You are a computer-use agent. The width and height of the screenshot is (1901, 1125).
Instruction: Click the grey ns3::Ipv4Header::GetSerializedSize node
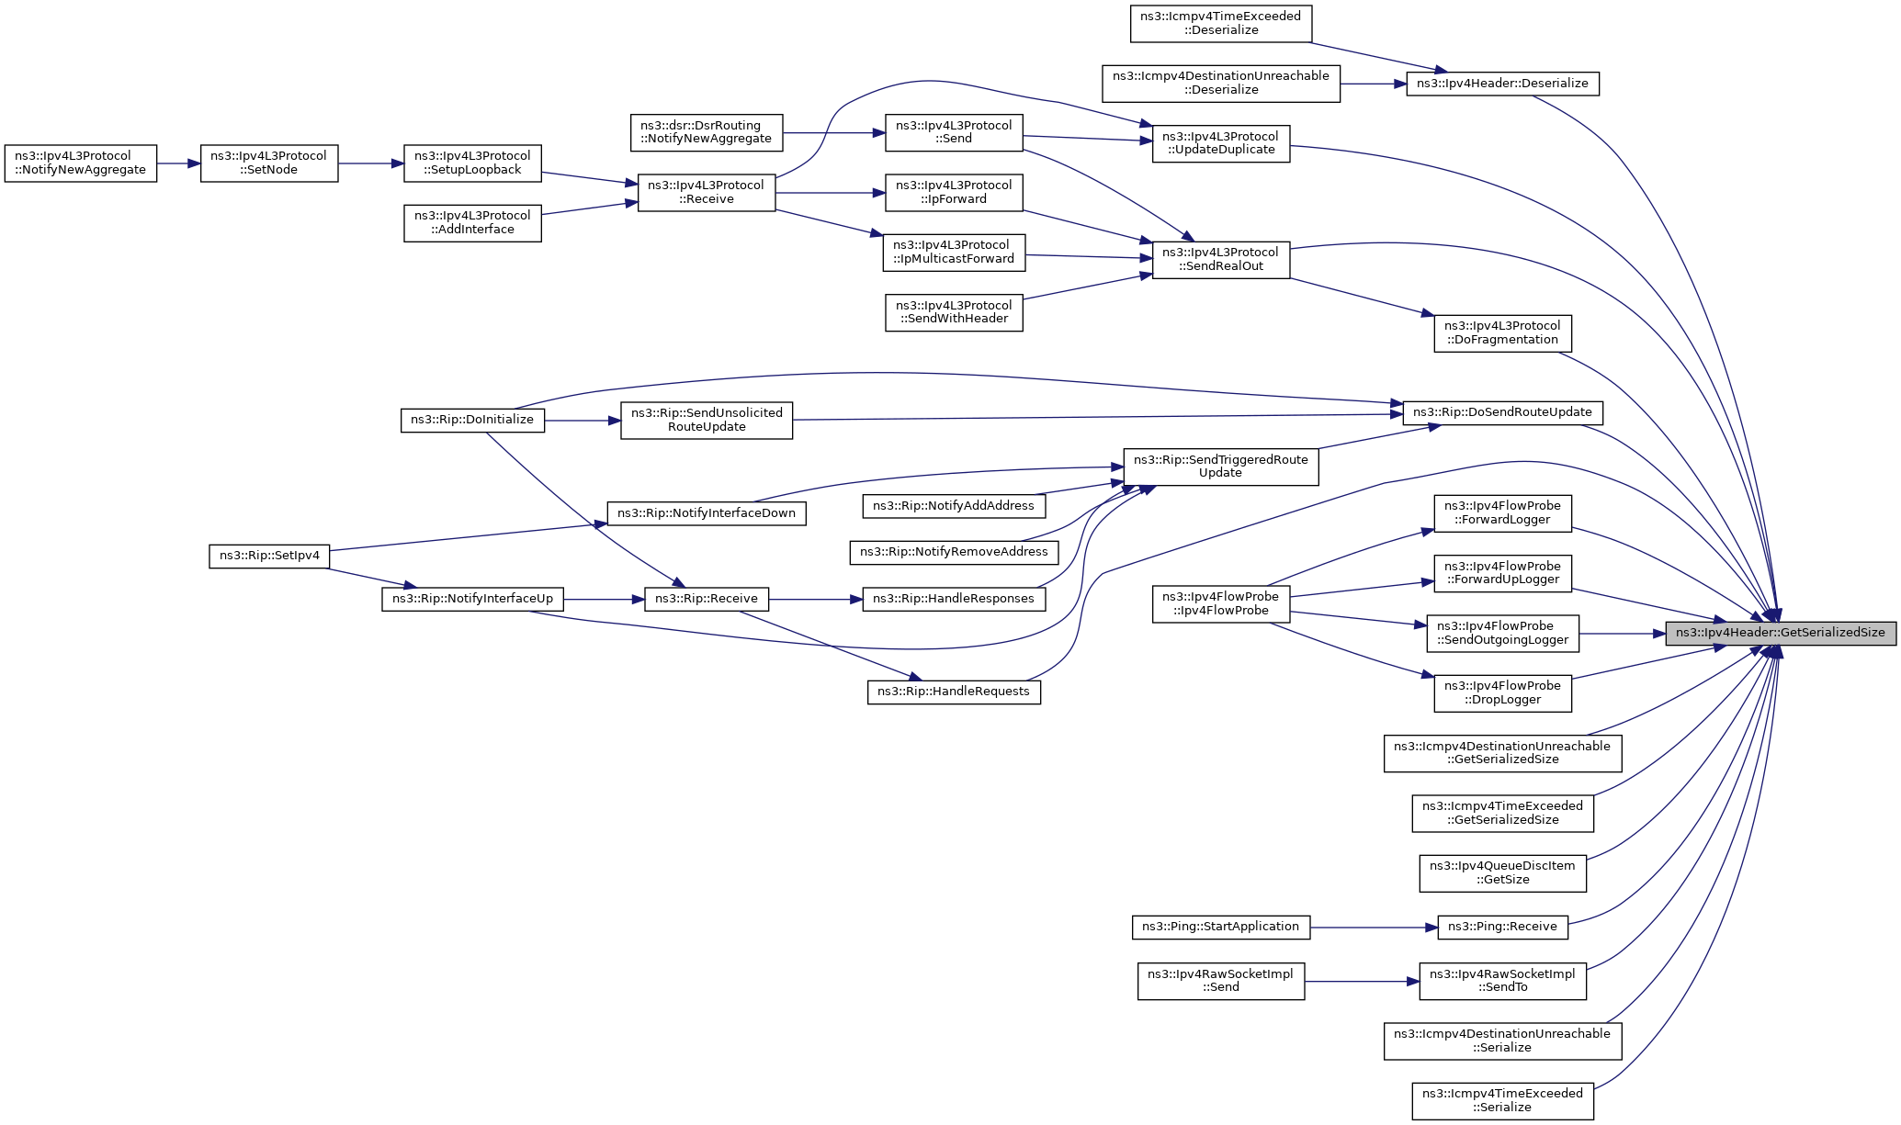tap(1781, 633)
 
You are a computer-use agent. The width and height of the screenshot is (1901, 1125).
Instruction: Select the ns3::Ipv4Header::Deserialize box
tap(1502, 84)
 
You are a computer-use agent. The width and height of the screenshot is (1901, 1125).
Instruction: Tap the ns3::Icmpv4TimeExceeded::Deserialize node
tap(1220, 23)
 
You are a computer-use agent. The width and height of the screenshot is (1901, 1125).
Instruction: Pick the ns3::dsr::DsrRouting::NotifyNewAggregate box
tap(706, 132)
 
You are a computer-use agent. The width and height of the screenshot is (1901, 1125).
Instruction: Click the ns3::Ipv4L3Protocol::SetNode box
tap(269, 163)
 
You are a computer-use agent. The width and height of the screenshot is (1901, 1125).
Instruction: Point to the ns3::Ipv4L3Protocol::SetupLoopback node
tap(472, 163)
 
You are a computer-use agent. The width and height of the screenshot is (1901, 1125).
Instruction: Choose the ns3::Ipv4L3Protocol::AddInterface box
tap(472, 223)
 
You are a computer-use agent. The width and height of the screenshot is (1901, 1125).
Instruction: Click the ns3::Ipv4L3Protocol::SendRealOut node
tap(1221, 260)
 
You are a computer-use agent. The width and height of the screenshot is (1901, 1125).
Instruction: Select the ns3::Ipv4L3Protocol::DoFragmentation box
tap(1502, 333)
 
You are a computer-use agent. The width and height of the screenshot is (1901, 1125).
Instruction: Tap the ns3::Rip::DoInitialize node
tap(472, 420)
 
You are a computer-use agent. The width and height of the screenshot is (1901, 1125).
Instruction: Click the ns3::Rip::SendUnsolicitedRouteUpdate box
tap(707, 420)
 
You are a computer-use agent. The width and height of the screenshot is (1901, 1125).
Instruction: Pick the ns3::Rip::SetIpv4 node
tap(269, 556)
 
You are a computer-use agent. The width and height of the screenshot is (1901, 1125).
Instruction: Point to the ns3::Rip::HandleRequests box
tap(954, 692)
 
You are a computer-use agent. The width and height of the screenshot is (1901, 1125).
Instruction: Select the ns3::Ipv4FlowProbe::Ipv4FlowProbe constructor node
tap(1221, 604)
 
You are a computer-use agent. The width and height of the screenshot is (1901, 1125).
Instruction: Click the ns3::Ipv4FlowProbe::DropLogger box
tap(1502, 693)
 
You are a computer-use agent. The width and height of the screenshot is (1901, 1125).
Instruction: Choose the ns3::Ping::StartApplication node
tap(1220, 927)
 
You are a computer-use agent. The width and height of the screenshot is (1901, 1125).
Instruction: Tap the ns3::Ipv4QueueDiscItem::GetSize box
tap(1502, 872)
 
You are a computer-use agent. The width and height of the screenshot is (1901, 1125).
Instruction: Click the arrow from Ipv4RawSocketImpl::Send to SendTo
tap(1362, 982)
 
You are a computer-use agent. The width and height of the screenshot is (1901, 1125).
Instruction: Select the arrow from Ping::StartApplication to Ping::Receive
tap(1374, 928)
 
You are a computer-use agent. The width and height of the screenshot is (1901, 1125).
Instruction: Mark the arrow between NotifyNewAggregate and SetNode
tap(179, 163)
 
